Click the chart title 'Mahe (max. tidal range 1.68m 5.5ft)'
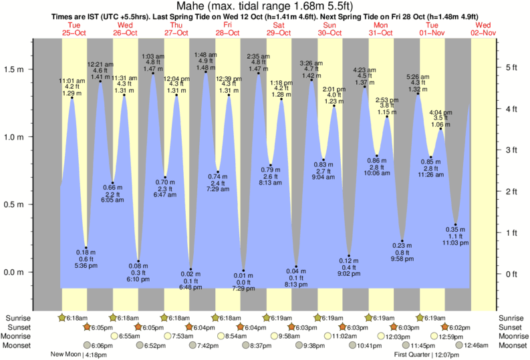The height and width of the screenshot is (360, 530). (265, 6)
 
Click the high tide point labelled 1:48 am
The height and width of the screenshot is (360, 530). (205, 72)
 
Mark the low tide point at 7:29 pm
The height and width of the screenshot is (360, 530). (243, 271)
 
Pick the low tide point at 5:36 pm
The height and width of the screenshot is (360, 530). (86, 248)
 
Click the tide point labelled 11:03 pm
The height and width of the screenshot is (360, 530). (456, 224)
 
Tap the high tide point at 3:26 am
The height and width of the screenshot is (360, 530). (311, 80)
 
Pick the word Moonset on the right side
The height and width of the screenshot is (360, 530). (513, 345)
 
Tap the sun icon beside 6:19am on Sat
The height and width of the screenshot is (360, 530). (267, 317)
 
